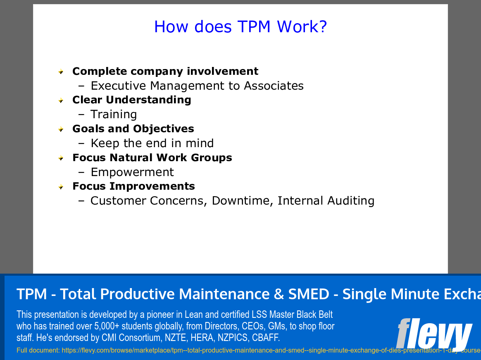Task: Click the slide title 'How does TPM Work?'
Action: [240, 26]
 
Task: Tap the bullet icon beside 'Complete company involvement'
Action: [61, 72]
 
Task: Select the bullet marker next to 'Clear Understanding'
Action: [61, 100]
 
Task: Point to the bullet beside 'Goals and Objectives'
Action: [61, 129]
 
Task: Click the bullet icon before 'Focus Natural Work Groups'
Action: [61, 158]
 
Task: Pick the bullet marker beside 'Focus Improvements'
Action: [61, 186]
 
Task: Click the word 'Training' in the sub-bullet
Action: [114, 114]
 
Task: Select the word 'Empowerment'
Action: [132, 172]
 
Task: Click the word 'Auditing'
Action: [351, 201]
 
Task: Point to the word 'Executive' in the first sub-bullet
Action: [119, 86]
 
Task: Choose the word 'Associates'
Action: [274, 86]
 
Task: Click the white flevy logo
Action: [434, 333]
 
